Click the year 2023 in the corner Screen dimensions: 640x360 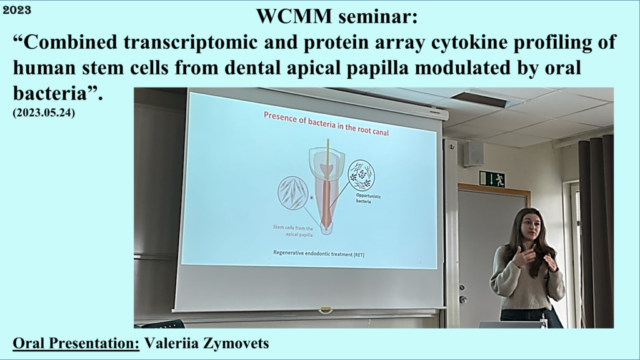point(17,10)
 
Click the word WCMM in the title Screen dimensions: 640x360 point(294,16)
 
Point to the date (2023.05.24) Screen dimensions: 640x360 point(44,112)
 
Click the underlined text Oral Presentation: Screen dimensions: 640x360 point(76,343)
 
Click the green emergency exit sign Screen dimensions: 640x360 point(492,179)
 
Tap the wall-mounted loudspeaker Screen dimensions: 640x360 point(474,154)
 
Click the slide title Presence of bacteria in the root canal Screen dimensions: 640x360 point(326,123)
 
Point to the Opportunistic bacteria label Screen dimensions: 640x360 point(368,198)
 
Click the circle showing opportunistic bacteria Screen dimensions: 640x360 point(362,175)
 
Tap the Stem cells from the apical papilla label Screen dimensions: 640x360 point(293,231)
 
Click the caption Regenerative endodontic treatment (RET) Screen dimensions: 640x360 point(318,254)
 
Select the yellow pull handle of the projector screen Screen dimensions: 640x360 point(325,310)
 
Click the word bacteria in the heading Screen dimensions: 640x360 point(50,94)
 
